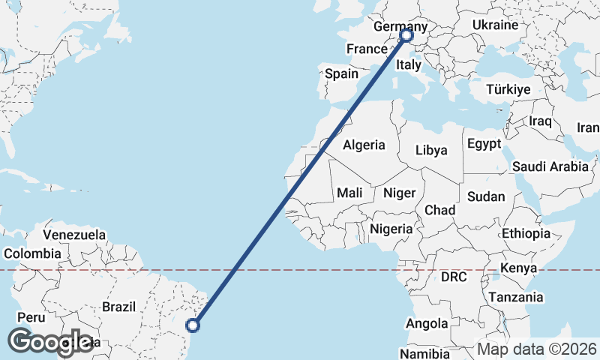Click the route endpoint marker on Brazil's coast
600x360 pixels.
(193, 325)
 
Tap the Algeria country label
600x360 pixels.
(364, 145)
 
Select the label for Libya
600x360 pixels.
(431, 150)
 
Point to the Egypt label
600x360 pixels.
(484, 144)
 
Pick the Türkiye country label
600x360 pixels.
(508, 89)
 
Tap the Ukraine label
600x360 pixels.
(495, 25)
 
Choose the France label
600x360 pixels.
(366, 49)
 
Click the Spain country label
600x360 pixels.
(341, 73)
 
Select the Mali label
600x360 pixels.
(349, 193)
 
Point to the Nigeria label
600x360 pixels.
(391, 229)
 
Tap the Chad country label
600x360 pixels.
(439, 210)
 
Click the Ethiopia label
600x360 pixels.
(526, 233)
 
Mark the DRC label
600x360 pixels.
(454, 277)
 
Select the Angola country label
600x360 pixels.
(426, 324)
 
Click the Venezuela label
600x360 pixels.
(74, 235)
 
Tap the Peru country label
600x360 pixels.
(31, 317)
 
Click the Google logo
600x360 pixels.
(50, 342)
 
